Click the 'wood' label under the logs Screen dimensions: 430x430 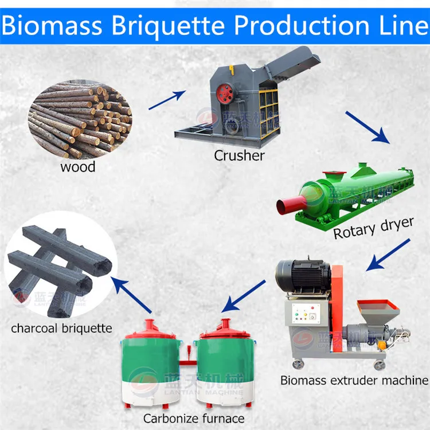78,167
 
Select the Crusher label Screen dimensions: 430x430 239,154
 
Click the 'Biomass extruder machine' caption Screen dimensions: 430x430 354,380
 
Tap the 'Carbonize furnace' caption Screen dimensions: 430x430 194,418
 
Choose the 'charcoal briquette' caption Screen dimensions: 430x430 61,329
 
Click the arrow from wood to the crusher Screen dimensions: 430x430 167,100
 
